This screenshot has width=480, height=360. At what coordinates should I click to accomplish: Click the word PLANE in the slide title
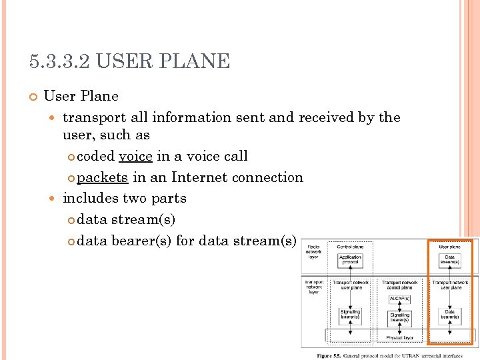[199, 62]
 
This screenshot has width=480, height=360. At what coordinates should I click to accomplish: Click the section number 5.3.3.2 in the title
[60, 62]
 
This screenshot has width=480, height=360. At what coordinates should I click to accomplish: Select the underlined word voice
[135, 156]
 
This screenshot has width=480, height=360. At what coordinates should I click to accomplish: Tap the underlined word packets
[102, 177]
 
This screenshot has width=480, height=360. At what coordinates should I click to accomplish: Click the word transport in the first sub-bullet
[94, 117]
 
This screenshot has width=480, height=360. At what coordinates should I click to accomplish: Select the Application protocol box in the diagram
[350, 259]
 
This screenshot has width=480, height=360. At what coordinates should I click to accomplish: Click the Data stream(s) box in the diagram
[450, 259]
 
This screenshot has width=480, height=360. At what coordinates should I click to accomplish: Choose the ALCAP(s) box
[399, 298]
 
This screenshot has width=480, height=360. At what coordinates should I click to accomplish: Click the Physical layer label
[400, 337]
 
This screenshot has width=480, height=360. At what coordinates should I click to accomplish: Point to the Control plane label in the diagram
[350, 247]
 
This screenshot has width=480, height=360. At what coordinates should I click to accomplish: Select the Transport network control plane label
[400, 285]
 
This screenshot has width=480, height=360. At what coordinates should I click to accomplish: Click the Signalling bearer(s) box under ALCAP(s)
[400, 317]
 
